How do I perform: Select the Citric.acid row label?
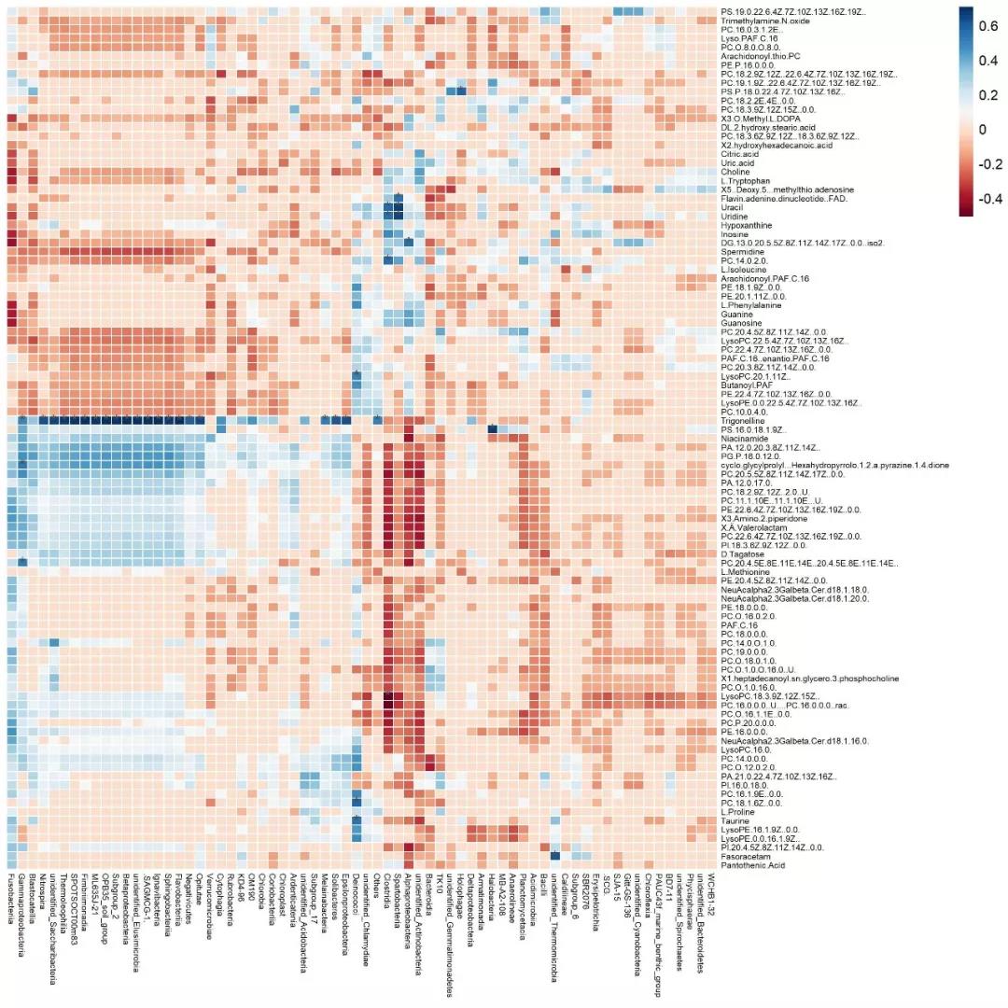[738, 154]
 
